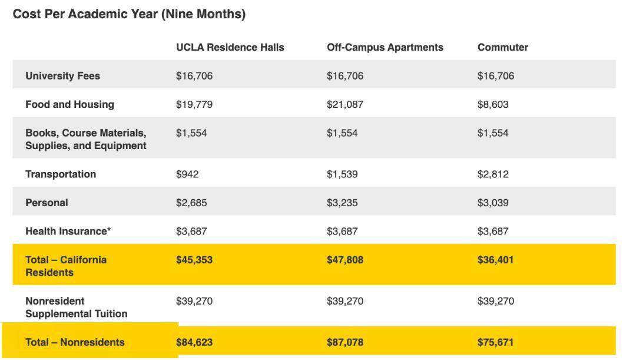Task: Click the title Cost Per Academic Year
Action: point(129,14)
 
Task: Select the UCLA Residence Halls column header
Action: point(230,47)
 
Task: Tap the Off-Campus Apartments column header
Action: point(385,47)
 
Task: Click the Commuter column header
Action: point(502,47)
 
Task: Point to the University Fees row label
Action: point(62,76)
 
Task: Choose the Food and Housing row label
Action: point(69,104)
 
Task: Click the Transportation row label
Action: point(60,174)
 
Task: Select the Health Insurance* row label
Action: point(68,232)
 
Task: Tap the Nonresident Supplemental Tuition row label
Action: point(76,308)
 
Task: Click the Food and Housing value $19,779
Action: point(194,104)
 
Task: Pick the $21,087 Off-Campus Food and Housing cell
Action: point(344,104)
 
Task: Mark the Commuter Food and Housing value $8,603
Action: point(492,104)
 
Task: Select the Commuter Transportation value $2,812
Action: point(492,174)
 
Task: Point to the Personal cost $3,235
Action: point(342,203)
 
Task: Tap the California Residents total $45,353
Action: point(194,260)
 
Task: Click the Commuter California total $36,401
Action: point(495,260)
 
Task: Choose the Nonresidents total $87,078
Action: point(344,342)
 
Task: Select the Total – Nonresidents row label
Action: point(75,342)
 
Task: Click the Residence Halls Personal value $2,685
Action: point(191,203)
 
